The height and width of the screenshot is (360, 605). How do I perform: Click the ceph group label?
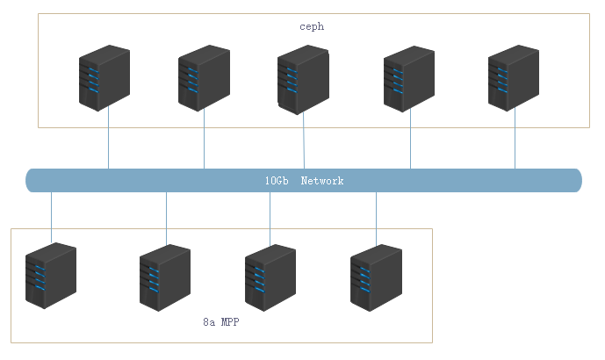pos(312,27)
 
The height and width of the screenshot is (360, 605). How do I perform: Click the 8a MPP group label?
pos(221,323)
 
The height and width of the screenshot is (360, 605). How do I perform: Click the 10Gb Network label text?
pos(304,181)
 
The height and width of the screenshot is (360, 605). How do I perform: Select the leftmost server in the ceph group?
pos(104,78)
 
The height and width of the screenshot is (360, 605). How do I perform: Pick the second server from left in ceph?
pos(204,78)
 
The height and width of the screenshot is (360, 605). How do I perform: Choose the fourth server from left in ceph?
pos(409,78)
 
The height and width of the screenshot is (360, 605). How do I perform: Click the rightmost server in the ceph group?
pos(514,78)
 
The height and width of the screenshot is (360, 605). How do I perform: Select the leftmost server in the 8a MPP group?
pos(51,276)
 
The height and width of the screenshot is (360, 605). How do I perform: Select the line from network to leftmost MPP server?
pos(51,215)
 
